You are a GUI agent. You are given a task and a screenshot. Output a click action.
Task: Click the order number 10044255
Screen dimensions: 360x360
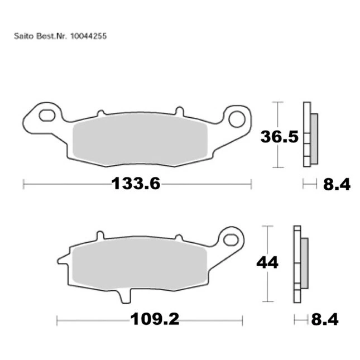point(88,36)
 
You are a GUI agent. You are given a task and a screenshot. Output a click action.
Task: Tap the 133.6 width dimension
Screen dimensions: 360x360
point(136,184)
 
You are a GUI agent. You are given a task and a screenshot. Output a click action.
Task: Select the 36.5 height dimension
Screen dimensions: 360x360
point(280,137)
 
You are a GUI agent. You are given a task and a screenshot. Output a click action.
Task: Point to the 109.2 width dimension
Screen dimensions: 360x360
point(155,319)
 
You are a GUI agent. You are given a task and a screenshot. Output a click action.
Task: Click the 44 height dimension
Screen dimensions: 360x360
point(267,262)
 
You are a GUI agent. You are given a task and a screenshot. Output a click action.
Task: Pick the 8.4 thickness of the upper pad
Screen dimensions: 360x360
point(337,184)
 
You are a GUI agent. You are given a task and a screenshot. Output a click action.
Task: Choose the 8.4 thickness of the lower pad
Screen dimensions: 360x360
point(325,319)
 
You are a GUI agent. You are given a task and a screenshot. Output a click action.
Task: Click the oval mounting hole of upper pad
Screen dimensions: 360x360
point(47,116)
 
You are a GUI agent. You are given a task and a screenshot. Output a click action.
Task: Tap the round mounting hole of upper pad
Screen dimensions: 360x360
point(237,119)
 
